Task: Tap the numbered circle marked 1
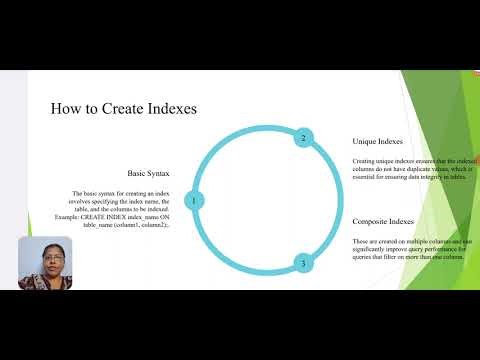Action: pos(193,200)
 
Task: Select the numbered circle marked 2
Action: pos(303,138)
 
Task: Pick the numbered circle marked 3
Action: pos(303,264)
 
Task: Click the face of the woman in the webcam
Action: pos(46,259)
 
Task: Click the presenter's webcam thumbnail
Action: pos(45,263)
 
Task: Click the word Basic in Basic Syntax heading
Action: pos(139,172)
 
